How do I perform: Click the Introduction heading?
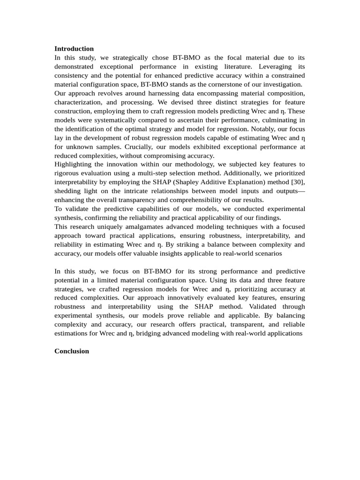74,49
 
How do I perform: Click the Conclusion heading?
72,351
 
